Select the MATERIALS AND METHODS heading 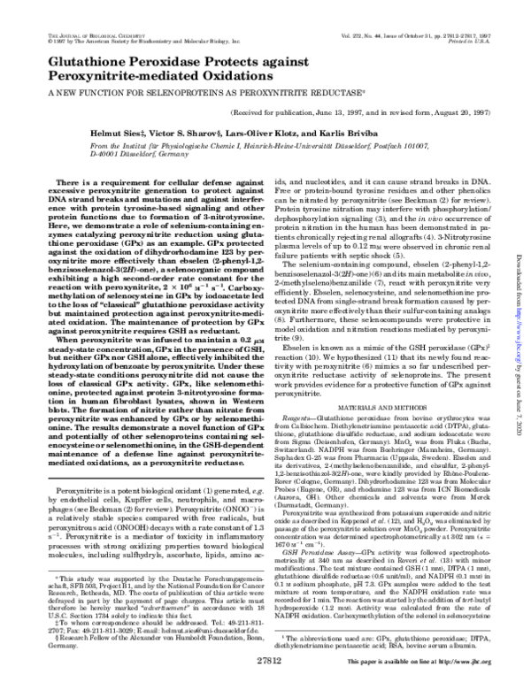pyautogui.click(x=381, y=333)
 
